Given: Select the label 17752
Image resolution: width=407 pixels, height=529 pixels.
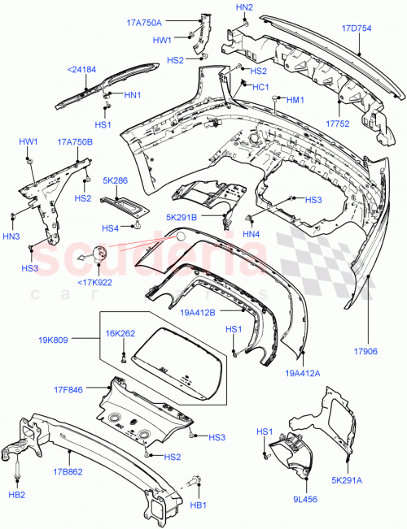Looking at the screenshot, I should pos(338,124).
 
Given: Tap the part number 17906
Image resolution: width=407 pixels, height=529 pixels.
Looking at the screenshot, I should pos(367,352).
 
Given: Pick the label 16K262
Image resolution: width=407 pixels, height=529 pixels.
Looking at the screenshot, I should pos(120,332).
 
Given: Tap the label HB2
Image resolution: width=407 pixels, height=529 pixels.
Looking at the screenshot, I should pos(16,494).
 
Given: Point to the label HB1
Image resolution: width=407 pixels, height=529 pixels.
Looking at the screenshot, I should pos(197,505).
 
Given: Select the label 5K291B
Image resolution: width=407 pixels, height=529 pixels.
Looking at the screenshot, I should pos(182,218).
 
